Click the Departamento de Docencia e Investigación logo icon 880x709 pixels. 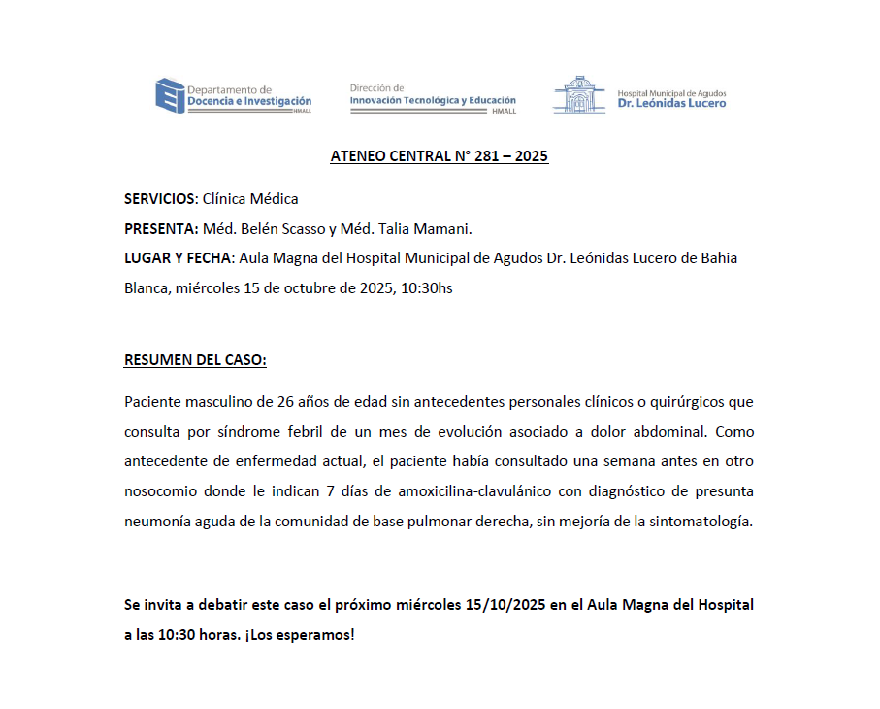coord(169,95)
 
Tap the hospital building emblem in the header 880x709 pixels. coord(579,95)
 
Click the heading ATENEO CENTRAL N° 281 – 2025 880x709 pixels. coord(440,155)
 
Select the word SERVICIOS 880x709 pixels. coord(159,199)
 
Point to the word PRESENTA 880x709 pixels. coord(159,229)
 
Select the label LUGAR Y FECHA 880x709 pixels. coord(179,258)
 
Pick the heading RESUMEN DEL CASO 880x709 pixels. coord(195,360)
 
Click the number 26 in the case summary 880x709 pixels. coord(286,401)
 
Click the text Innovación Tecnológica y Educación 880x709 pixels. coord(433,100)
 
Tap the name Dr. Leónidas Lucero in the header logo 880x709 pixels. coord(671,103)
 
